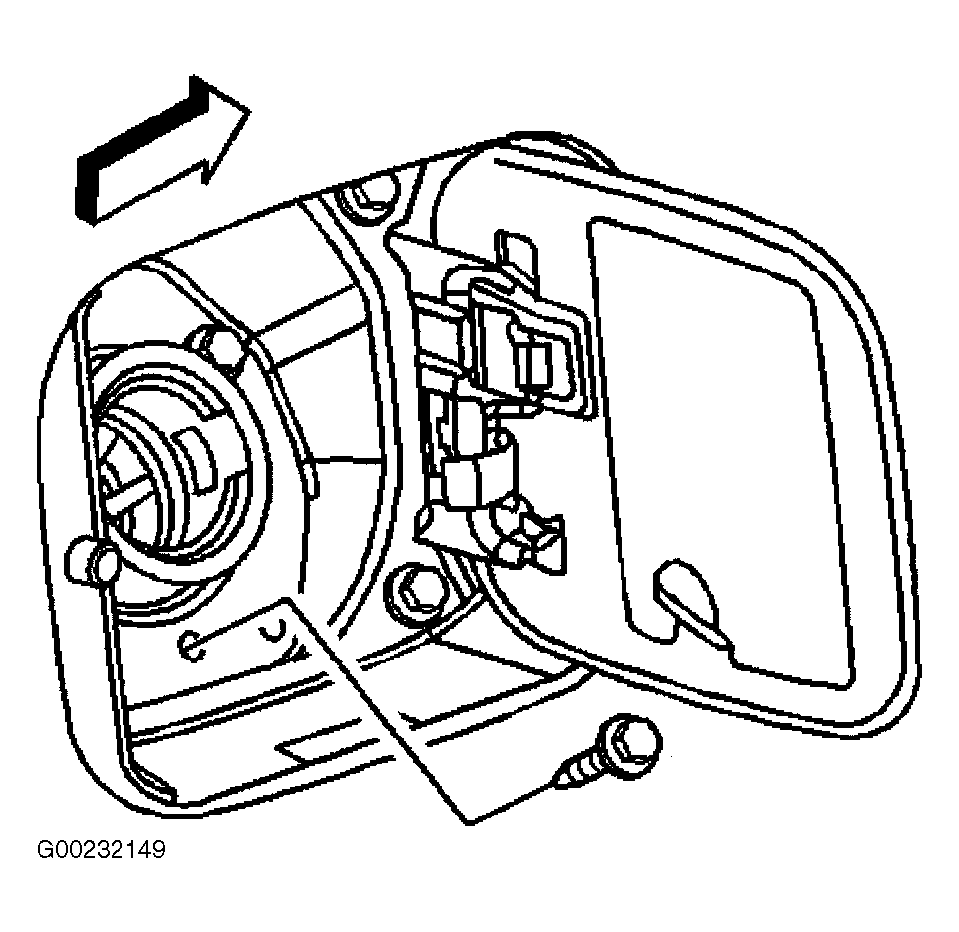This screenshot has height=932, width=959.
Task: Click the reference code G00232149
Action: pyautogui.click(x=102, y=849)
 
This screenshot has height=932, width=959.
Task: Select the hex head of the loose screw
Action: pyautogui.click(x=632, y=743)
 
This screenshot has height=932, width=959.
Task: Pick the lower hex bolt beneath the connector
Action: pyautogui.click(x=414, y=590)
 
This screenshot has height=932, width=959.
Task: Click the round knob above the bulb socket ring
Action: pyautogui.click(x=214, y=346)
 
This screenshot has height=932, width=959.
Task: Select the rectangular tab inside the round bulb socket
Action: pyautogui.click(x=194, y=452)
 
